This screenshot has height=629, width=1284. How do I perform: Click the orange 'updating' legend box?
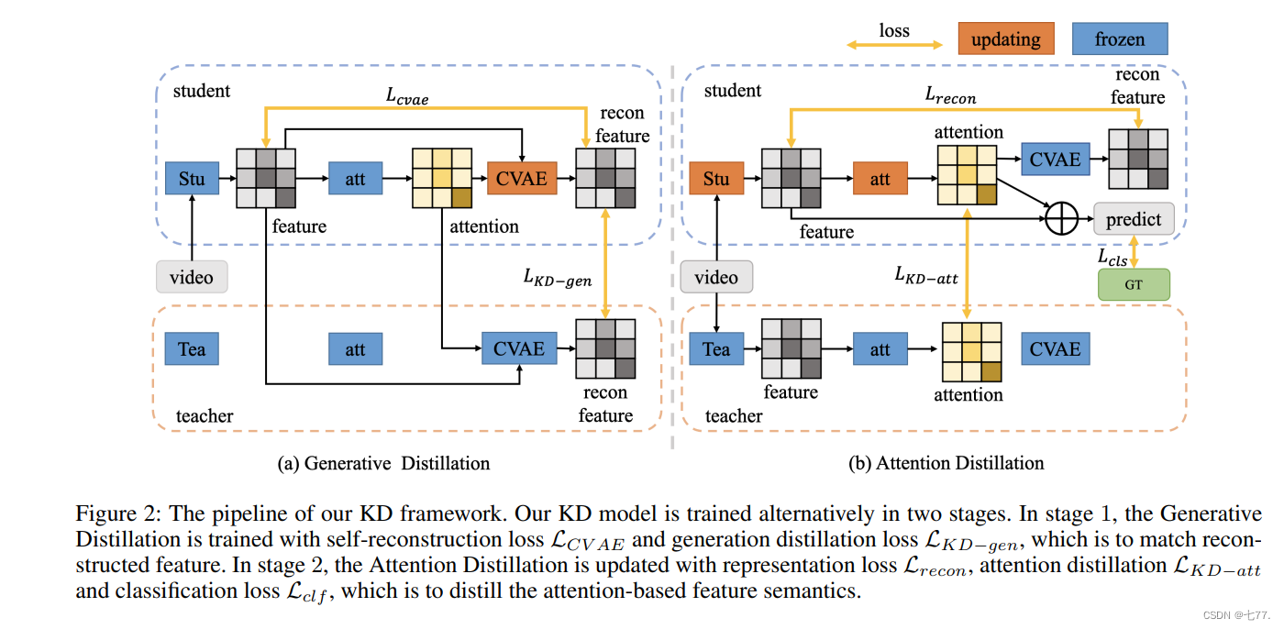[1005, 39]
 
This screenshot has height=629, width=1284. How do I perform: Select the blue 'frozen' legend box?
[1120, 39]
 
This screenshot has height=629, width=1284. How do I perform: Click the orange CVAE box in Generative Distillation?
[522, 178]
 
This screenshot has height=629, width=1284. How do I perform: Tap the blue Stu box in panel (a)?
[192, 178]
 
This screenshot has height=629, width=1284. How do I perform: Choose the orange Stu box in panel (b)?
[715, 178]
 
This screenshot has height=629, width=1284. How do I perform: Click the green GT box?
[1134, 285]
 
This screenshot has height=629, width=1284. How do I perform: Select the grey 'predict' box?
[1134, 220]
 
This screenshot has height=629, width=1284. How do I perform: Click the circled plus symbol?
[1061, 220]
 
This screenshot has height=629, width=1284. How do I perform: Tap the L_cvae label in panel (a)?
[406, 95]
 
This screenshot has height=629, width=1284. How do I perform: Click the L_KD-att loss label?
[926, 274]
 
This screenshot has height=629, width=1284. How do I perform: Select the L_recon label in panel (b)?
[950, 94]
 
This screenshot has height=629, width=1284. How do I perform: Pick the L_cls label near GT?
[1112, 258]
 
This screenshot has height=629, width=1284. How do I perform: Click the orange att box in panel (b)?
[880, 178]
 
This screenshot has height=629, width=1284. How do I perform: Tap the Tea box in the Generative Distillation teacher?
[192, 349]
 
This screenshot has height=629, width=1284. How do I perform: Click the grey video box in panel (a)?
[192, 277]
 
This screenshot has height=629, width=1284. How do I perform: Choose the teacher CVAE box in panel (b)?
[1055, 349]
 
